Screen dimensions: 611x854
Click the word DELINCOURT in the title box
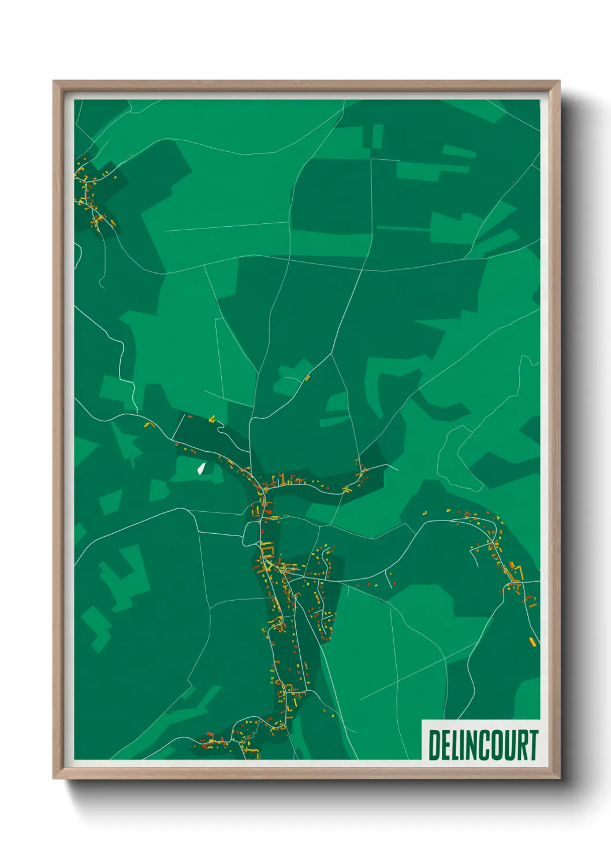[x=483, y=745]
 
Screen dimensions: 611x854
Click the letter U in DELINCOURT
[x=510, y=745]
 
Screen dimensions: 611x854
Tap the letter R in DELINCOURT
[x=521, y=745]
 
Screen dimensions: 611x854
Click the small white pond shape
[x=201, y=468]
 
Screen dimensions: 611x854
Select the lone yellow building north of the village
[x=307, y=378]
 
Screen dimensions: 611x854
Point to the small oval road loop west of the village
[x=251, y=533]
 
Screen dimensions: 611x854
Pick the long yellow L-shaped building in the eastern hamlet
[x=516, y=573]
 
